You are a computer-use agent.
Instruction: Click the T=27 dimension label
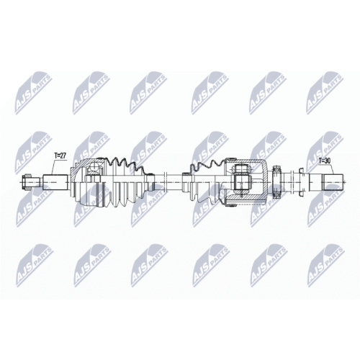(60, 156)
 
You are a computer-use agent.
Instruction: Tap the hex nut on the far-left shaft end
(26, 181)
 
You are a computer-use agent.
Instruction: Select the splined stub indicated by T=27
(56, 182)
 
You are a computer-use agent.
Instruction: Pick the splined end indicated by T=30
(333, 181)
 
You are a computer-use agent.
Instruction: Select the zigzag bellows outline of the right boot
(207, 166)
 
